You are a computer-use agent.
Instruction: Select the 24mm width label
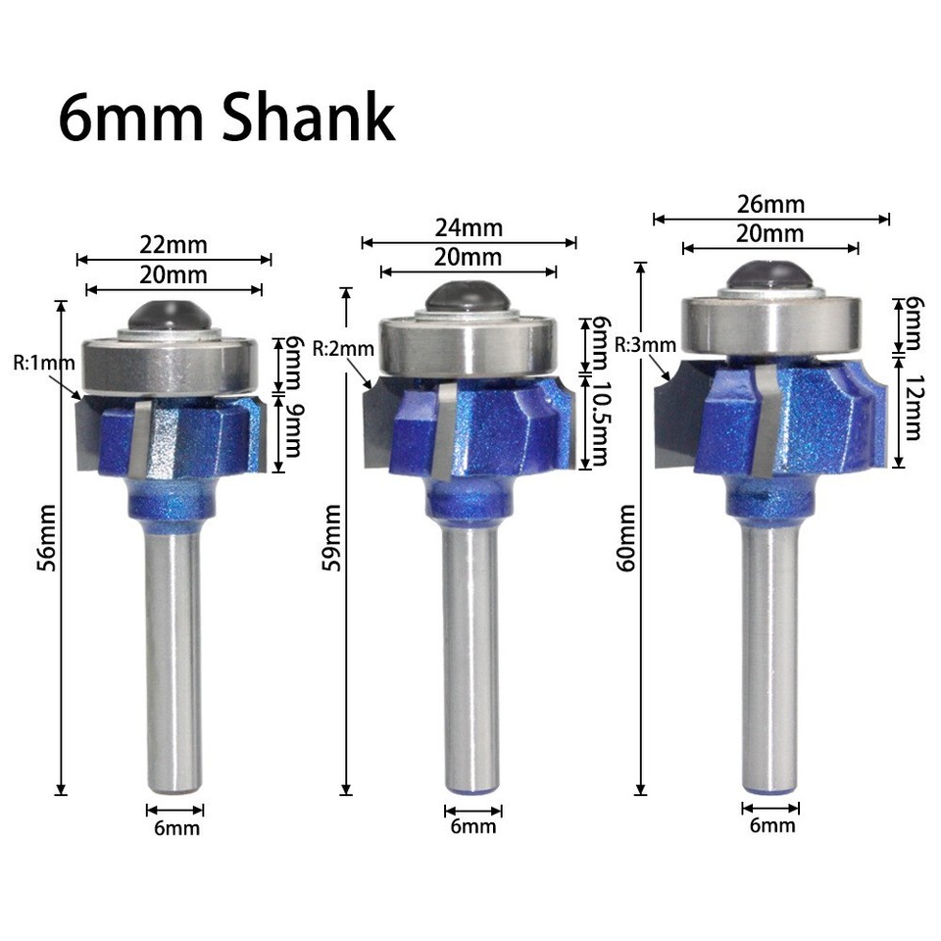[469, 228]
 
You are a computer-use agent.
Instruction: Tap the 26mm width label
[771, 205]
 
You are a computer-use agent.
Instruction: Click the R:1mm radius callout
[43, 365]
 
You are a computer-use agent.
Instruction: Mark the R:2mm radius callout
[342, 349]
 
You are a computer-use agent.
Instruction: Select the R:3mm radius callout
[645, 345]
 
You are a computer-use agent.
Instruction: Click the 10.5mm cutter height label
[599, 422]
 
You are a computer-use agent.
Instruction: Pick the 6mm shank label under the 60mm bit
[771, 825]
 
